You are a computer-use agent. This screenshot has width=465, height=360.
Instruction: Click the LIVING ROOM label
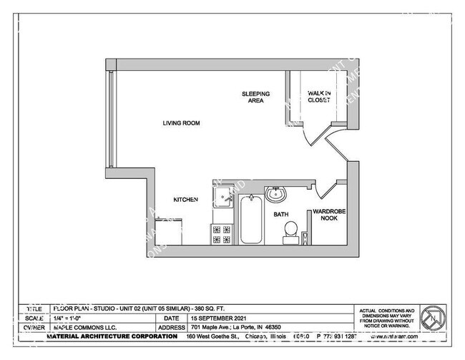(180, 123)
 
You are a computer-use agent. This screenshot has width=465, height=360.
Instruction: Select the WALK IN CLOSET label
(318, 97)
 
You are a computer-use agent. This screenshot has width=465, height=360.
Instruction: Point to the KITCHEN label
(186, 200)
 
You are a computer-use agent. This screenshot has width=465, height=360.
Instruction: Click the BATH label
(281, 214)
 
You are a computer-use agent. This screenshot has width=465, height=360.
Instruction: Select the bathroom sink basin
(276, 194)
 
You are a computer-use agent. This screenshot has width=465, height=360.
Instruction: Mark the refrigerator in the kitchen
(169, 233)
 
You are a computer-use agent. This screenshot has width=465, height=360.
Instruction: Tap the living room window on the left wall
(110, 118)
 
